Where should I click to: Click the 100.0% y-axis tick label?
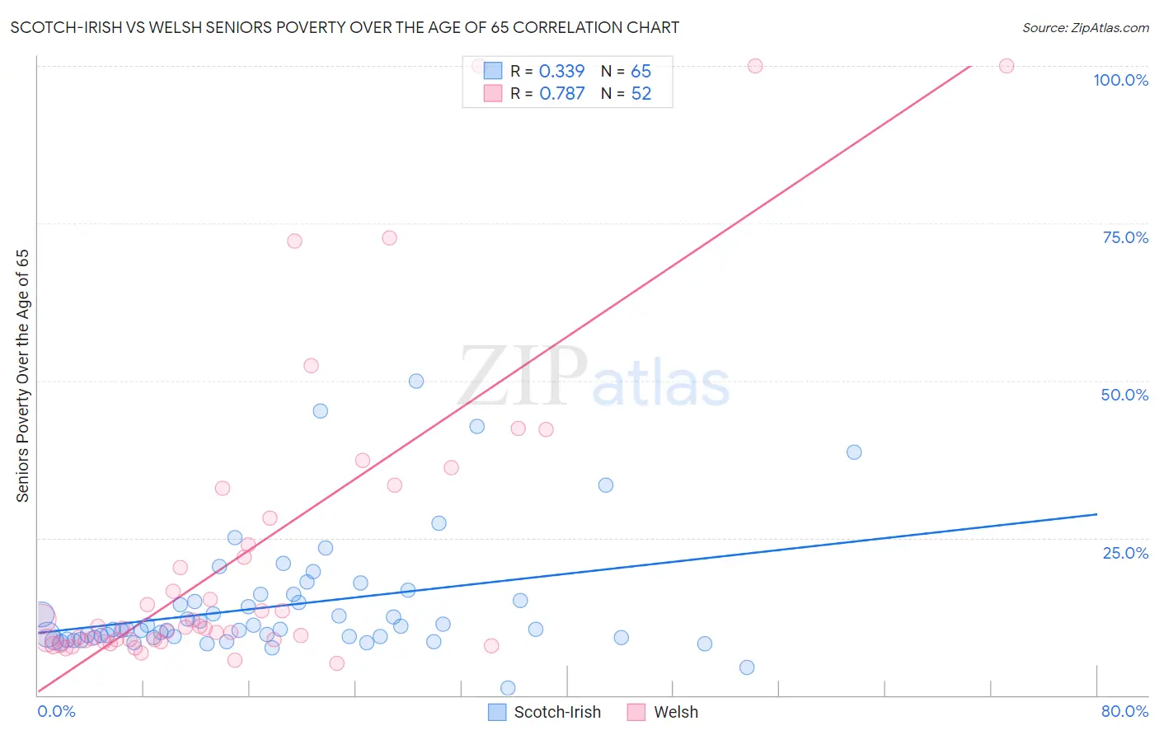click(x=1120, y=80)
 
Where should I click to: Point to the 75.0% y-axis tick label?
click(x=1125, y=237)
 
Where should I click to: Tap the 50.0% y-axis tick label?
click(x=1124, y=395)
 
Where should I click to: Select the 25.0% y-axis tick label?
click(x=1125, y=553)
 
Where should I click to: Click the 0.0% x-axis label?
click(x=56, y=711)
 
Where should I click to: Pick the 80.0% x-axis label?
click(x=1124, y=711)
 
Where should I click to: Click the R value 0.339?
click(x=561, y=72)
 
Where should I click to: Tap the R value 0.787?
click(x=561, y=94)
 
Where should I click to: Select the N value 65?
click(x=640, y=72)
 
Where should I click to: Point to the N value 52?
click(x=640, y=94)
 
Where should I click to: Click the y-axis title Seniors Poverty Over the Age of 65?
click(x=22, y=376)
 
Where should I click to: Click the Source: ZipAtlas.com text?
click(x=1085, y=28)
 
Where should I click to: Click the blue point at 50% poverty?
click(x=416, y=381)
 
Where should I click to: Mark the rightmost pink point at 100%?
click(x=1006, y=66)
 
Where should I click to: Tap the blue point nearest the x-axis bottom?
click(x=508, y=688)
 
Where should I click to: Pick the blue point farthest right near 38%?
click(x=854, y=452)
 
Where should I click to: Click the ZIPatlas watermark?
click(x=594, y=377)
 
